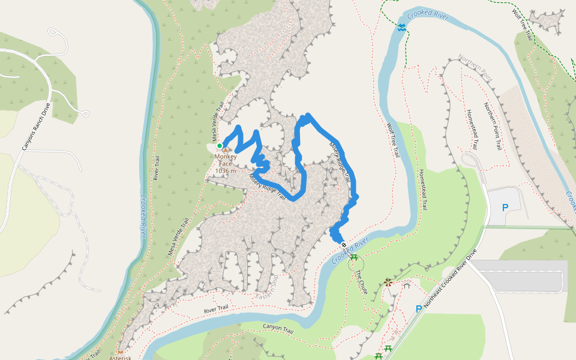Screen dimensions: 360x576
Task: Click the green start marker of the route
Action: (220, 146)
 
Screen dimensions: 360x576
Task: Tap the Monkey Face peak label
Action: (226, 160)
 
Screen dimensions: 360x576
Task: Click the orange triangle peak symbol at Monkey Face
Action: (226, 150)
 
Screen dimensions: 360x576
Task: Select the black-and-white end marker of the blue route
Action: (344, 244)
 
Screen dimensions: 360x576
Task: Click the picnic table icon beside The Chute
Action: (354, 257)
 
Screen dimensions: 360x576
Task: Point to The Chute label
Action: (362, 281)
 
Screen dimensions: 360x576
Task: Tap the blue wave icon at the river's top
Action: (401, 27)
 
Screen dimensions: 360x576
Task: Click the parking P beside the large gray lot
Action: (505, 208)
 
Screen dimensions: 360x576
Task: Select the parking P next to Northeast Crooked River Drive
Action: (418, 309)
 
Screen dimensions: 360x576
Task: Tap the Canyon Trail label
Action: (278, 328)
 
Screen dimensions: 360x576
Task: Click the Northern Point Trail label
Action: (498, 128)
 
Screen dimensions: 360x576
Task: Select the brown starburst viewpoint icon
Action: (388, 282)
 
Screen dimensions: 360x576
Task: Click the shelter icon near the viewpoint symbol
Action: (406, 286)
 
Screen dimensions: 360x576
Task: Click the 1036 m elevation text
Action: (226, 171)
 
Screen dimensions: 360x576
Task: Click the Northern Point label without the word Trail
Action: (474, 65)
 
